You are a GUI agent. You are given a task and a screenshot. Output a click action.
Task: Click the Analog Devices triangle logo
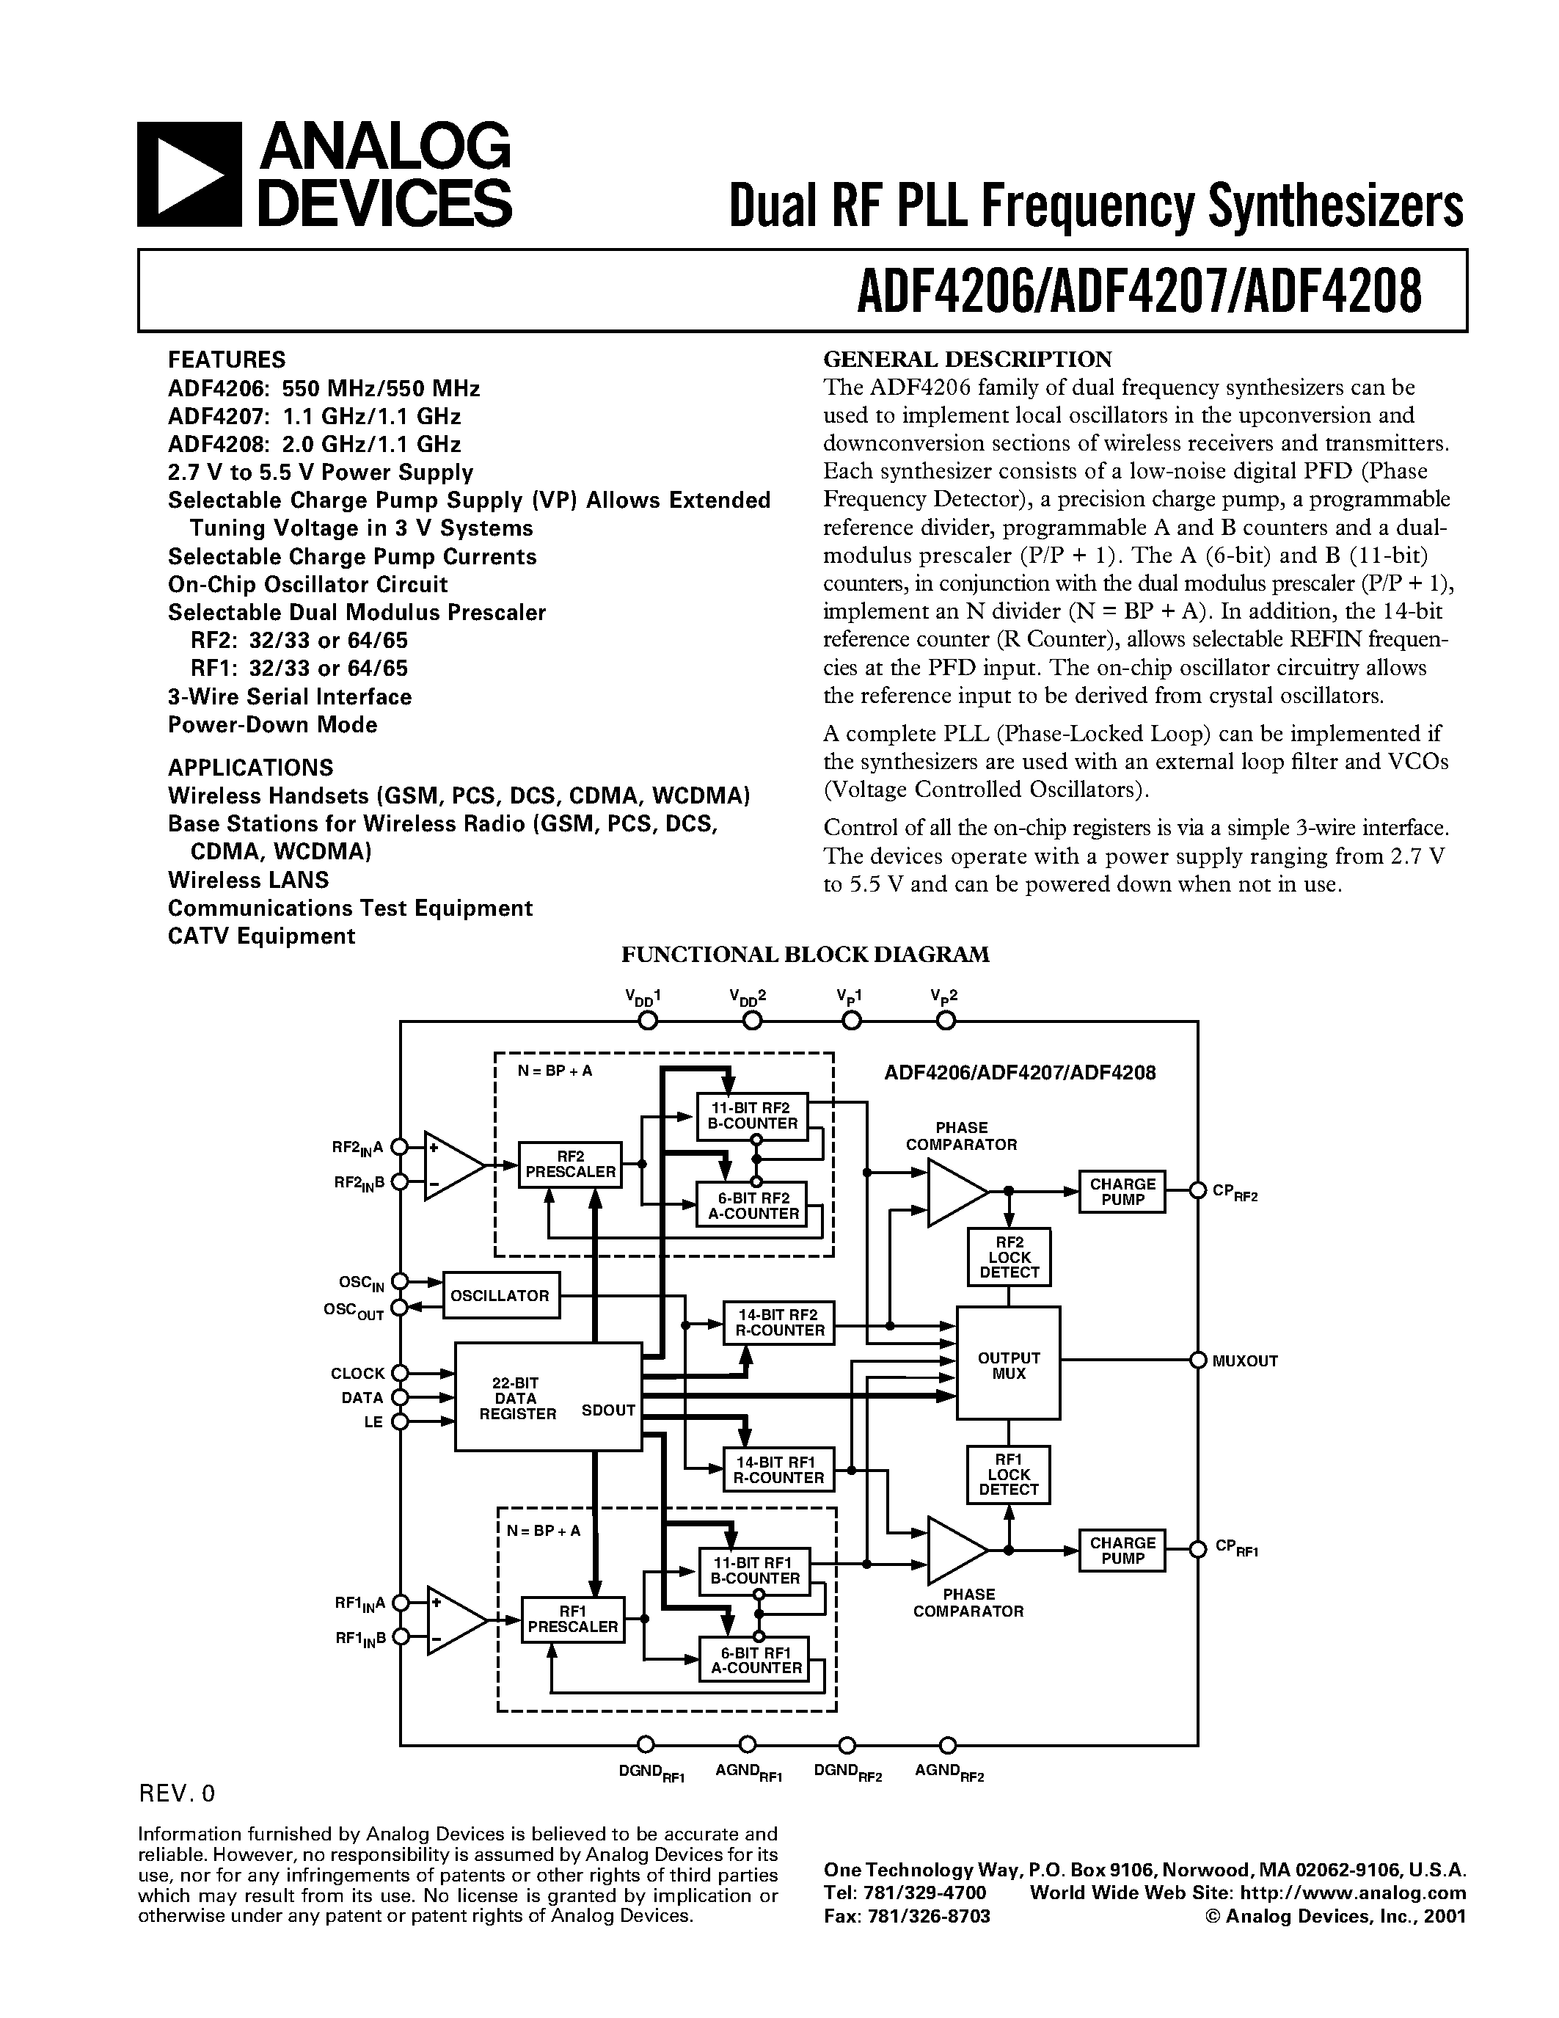click(x=189, y=175)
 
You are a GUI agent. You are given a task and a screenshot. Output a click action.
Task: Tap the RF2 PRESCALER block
click(x=570, y=1165)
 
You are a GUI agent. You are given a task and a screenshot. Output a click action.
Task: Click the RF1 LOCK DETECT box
click(x=1009, y=1475)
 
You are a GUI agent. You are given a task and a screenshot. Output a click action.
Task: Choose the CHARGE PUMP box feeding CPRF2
click(x=1122, y=1191)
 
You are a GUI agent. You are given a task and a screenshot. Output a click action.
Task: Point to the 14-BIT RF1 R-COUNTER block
click(x=778, y=1469)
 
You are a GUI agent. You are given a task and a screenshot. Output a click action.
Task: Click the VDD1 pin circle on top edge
click(x=649, y=1021)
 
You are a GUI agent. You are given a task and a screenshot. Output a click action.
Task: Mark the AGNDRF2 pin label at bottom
click(x=949, y=1772)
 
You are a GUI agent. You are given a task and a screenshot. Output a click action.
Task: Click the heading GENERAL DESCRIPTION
click(x=967, y=359)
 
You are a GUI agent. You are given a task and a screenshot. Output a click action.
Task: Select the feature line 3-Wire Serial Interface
click(x=290, y=696)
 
